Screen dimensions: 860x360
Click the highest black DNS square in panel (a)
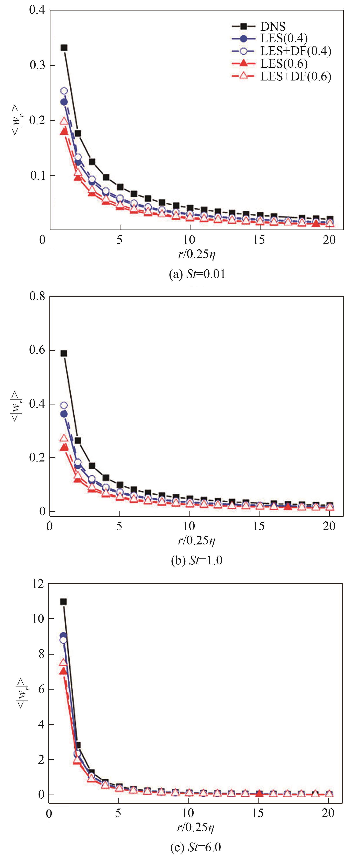coord(64,48)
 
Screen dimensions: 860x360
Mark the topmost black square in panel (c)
coord(63,602)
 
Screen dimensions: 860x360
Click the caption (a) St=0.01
coord(197,274)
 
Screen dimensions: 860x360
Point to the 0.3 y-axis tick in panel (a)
coord(37,65)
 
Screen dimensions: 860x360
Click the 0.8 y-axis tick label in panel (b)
coord(37,296)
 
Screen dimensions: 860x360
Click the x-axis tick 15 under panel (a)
coord(259,240)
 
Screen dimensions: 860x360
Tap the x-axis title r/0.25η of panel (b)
coord(196,540)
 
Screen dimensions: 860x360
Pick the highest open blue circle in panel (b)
coord(63,405)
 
